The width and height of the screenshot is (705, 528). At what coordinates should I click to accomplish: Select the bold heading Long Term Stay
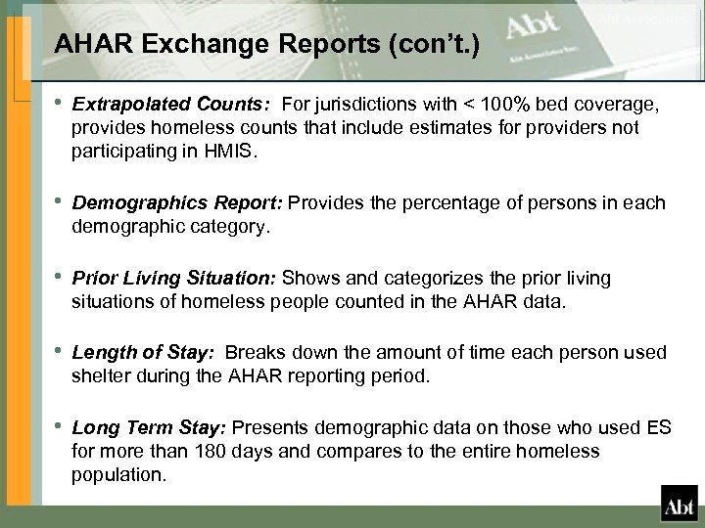point(144,427)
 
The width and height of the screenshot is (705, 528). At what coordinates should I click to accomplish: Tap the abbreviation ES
point(662,427)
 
